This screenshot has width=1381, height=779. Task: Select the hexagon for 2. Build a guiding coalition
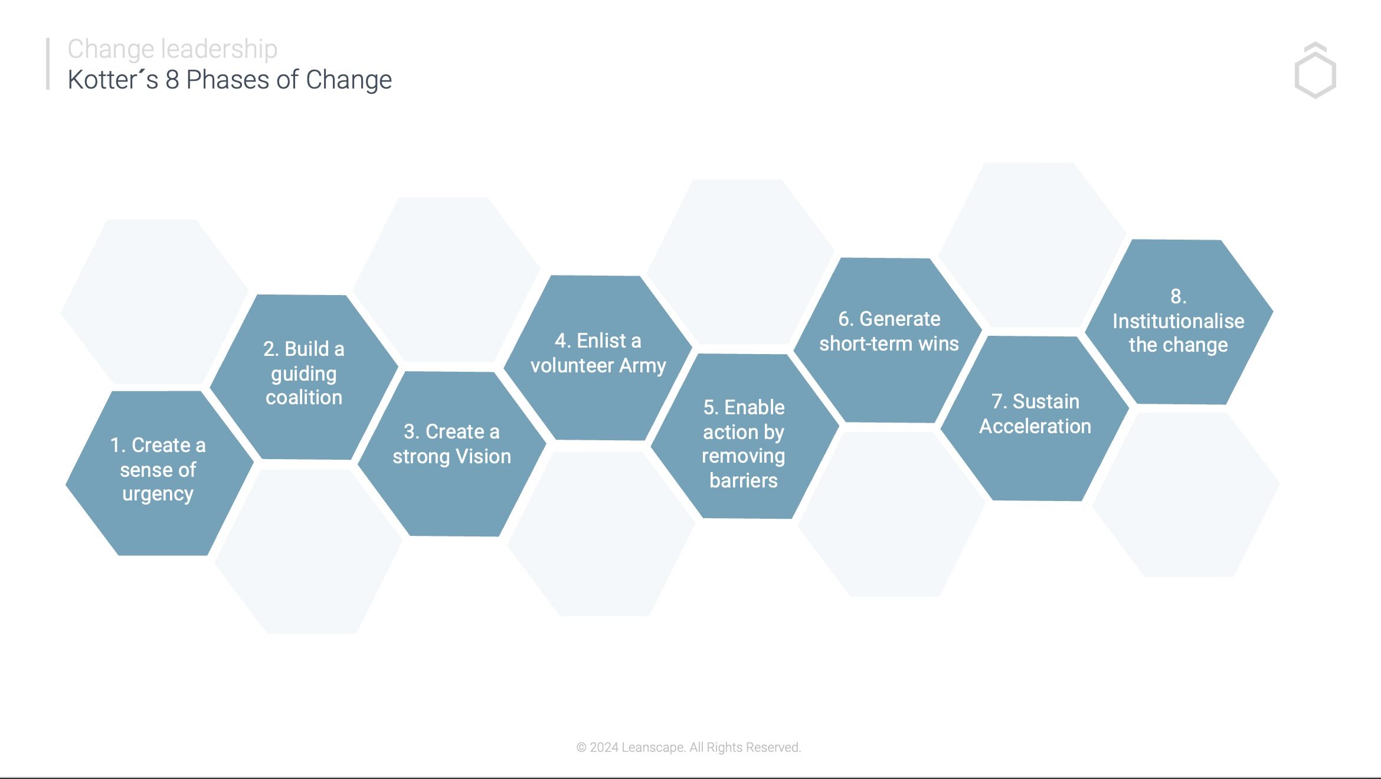point(304,377)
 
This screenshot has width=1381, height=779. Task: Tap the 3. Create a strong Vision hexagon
point(452,454)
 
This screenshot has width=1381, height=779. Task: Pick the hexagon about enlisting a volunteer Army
point(598,358)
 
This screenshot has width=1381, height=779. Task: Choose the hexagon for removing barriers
point(745,436)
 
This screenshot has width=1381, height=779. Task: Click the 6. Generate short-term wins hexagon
point(888,341)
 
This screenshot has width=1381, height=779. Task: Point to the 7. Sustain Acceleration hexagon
point(1035,418)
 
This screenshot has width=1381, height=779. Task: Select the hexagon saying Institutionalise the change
point(1179,322)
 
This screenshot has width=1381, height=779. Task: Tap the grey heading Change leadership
point(172,49)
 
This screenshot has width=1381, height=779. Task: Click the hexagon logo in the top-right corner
point(1315,70)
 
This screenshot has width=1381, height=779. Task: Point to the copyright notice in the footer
point(689,747)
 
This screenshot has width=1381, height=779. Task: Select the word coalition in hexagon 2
point(304,397)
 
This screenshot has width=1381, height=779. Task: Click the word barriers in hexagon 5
point(744,480)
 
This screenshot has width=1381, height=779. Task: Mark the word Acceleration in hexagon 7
point(1035,426)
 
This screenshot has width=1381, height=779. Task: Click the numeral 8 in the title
point(172,80)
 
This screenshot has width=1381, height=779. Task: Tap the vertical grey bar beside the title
point(48,64)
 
